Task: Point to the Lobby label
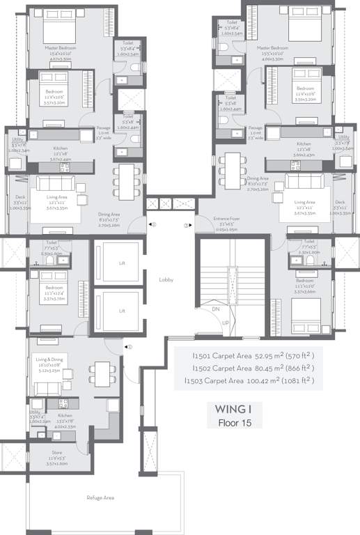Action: point(165,279)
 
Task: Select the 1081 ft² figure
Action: point(297,380)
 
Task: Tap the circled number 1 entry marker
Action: point(129,346)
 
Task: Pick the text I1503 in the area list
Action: point(194,381)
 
